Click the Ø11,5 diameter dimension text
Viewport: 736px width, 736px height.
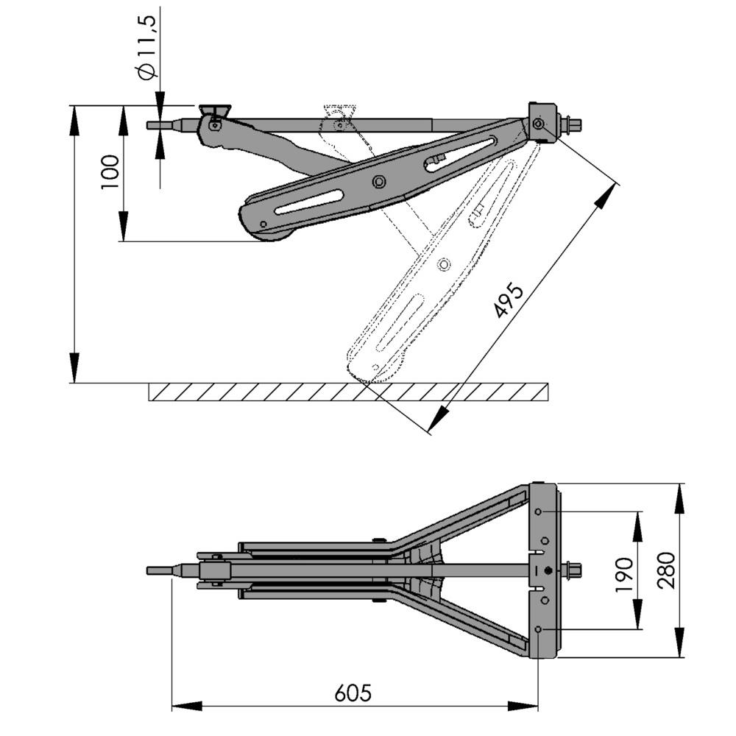[146, 48]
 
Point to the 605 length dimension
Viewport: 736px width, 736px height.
[353, 693]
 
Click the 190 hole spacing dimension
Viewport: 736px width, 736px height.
[623, 574]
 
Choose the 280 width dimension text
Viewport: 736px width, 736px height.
[666, 570]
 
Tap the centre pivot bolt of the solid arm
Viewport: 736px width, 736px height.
[379, 181]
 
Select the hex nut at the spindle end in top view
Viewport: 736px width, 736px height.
[572, 570]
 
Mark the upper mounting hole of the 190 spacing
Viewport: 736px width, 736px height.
[539, 512]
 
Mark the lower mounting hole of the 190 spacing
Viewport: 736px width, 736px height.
[539, 629]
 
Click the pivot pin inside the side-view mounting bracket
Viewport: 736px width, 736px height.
[539, 124]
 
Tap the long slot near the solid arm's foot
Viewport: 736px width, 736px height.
[309, 202]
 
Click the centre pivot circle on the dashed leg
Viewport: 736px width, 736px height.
[443, 263]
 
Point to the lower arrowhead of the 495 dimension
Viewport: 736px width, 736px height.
[435, 423]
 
